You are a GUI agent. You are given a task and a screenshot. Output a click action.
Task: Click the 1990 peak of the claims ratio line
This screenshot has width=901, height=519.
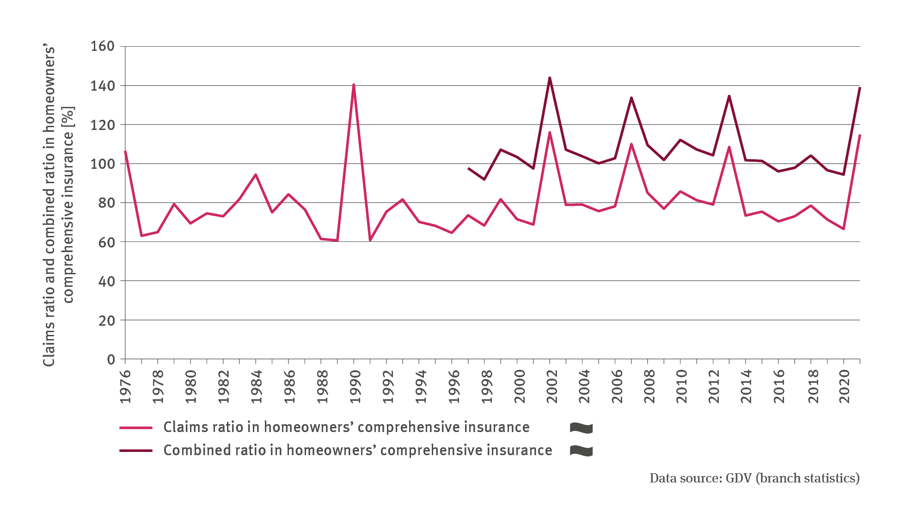[x=354, y=85]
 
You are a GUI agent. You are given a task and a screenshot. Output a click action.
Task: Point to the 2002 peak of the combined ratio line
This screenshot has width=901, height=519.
[x=550, y=78]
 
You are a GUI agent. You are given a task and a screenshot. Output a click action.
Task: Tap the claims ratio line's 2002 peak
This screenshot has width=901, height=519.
[x=550, y=132]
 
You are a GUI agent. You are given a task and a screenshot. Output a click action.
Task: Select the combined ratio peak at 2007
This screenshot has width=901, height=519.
[x=631, y=98]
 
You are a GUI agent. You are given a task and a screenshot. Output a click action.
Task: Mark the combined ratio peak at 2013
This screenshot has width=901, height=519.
[x=729, y=96]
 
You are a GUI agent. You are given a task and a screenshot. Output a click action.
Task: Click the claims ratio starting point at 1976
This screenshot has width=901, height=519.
[x=125, y=151]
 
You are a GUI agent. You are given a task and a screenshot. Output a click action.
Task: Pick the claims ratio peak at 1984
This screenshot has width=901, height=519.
[x=256, y=175]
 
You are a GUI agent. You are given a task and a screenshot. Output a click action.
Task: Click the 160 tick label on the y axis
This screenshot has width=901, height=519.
[x=102, y=46]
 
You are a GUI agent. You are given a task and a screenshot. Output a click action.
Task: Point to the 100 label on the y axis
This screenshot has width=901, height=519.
[x=102, y=164]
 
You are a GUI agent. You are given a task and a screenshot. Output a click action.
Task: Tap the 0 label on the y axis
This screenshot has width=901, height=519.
[x=111, y=359]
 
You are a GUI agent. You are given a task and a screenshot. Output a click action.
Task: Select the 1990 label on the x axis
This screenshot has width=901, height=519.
[x=355, y=386]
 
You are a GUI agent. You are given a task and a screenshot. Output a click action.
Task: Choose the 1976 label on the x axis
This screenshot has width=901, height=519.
[x=126, y=386]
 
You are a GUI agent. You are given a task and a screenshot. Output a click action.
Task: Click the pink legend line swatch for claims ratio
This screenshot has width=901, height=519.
[x=136, y=428]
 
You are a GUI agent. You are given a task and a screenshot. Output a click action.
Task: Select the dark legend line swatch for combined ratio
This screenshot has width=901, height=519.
[x=136, y=451]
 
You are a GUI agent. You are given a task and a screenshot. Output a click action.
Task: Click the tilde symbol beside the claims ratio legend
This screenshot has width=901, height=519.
[x=581, y=428]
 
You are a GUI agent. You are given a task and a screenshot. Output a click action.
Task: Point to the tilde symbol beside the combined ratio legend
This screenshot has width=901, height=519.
[x=581, y=451]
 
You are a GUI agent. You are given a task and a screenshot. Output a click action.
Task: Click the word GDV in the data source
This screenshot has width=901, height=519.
[x=739, y=478]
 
